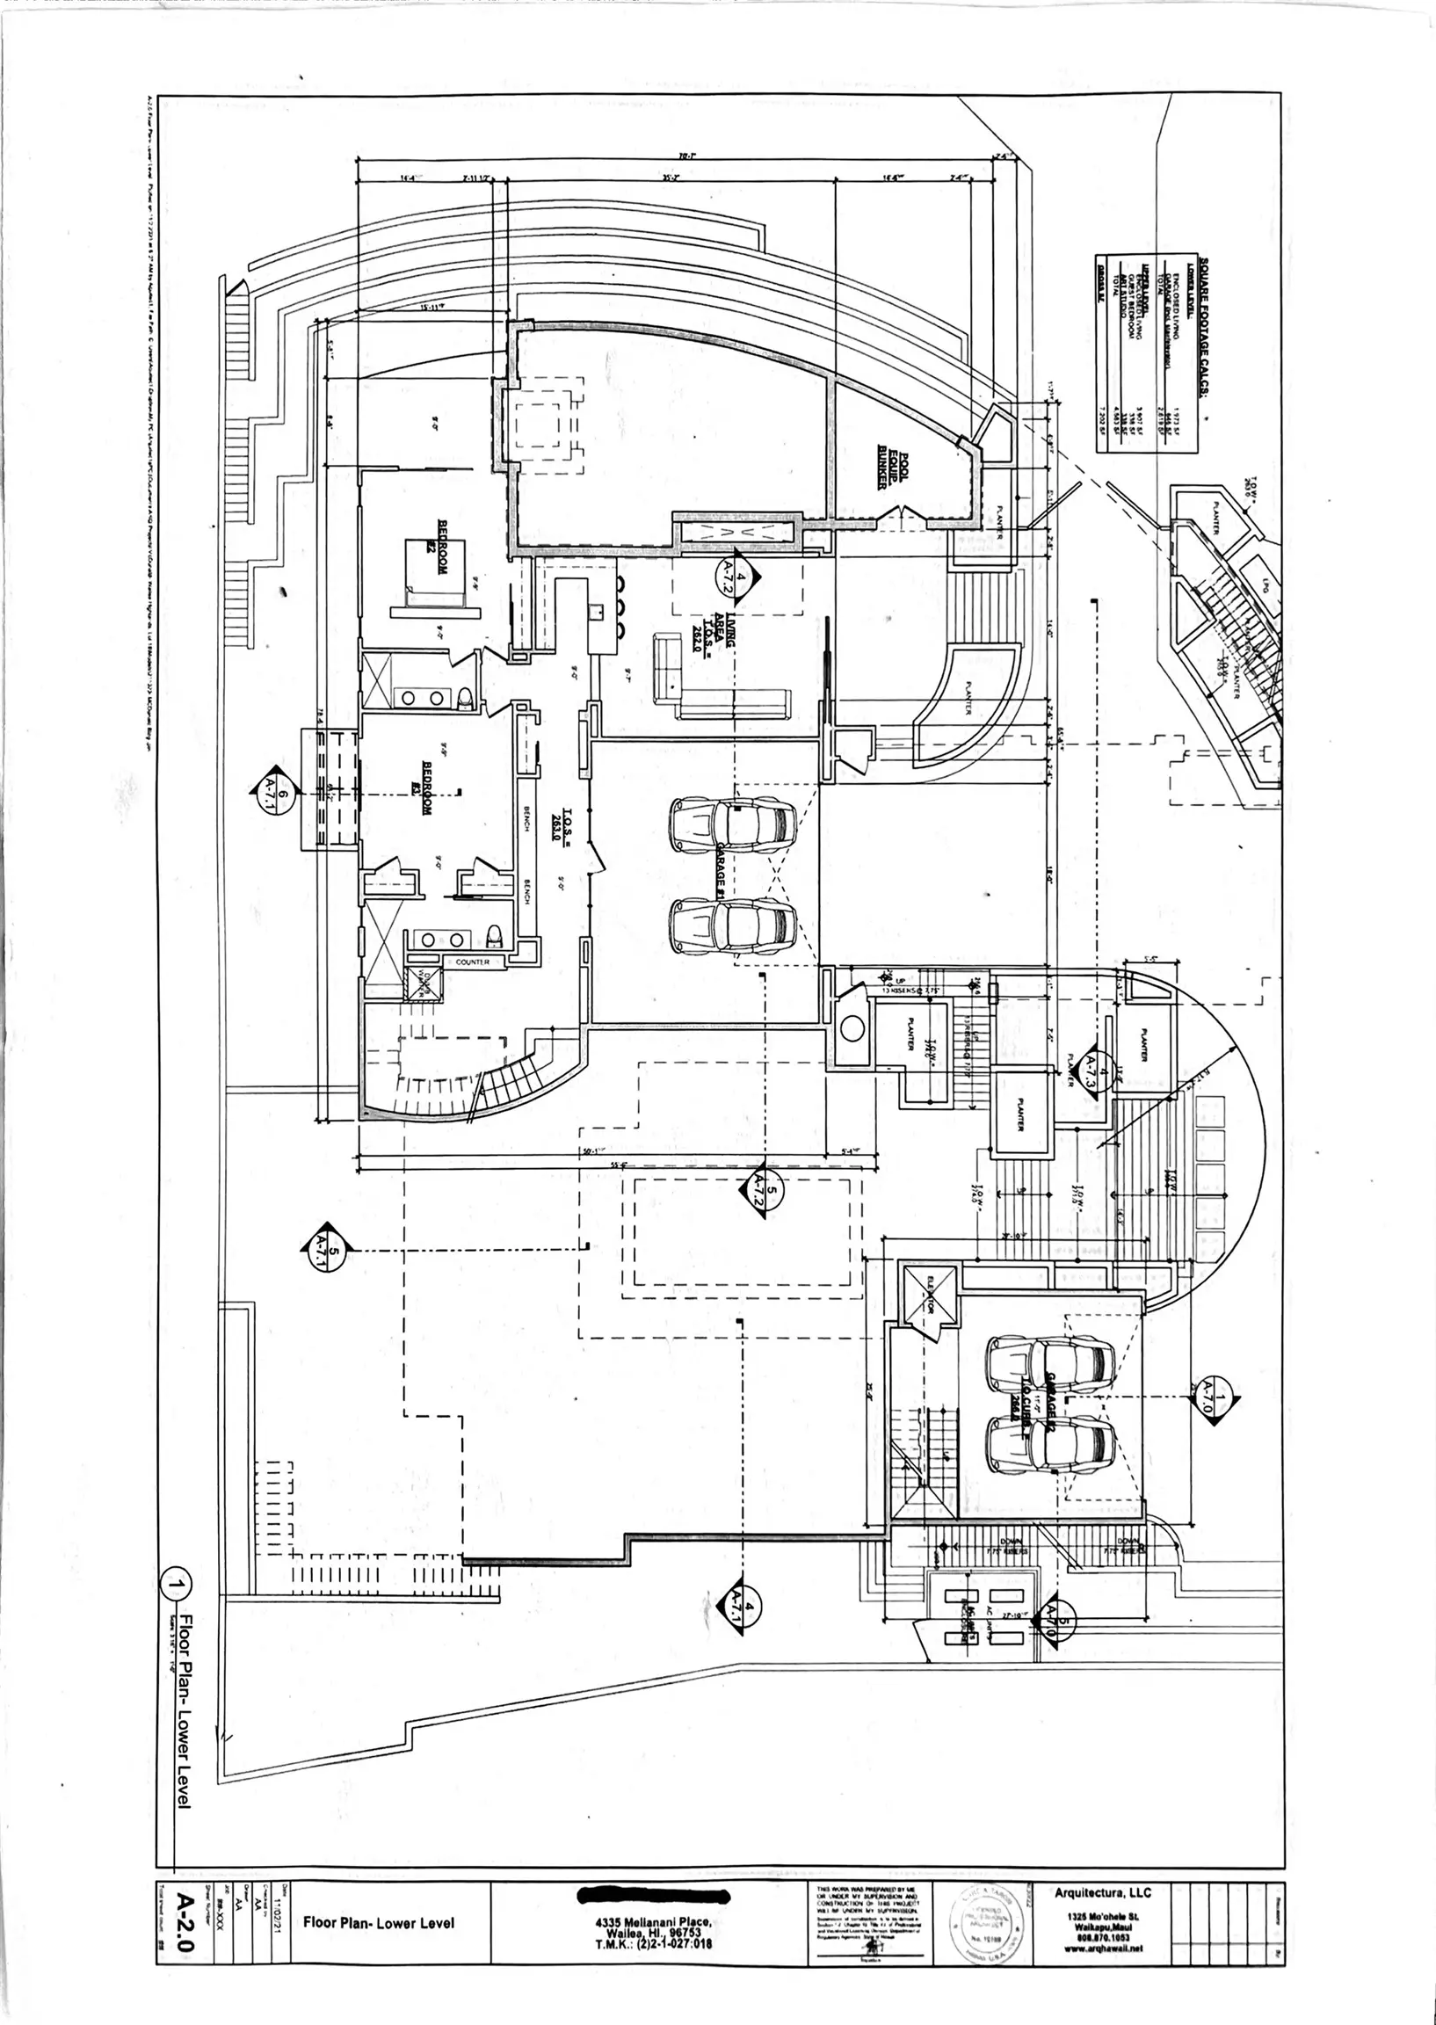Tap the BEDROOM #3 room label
(x=432, y=787)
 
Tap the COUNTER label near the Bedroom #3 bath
(x=473, y=962)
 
